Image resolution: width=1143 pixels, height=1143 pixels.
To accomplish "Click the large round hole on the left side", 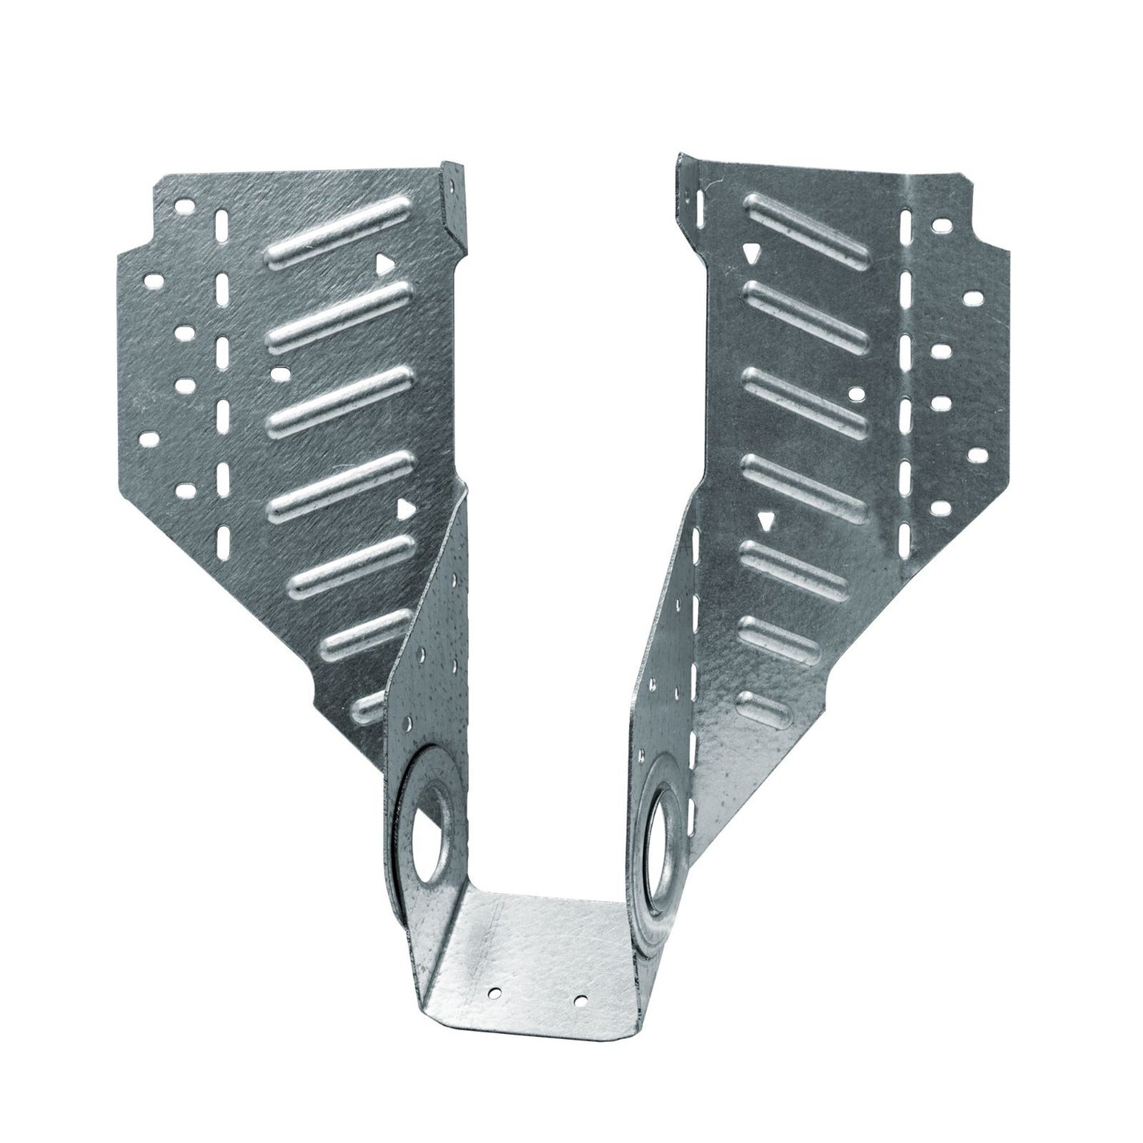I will pyautogui.click(x=431, y=822).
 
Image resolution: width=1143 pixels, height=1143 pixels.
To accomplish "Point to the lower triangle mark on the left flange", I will pyautogui.click(x=406, y=508).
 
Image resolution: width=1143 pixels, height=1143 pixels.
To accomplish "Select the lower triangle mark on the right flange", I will pyautogui.click(x=767, y=522).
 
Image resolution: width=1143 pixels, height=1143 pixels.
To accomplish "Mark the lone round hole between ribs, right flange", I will pyautogui.click(x=854, y=394).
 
